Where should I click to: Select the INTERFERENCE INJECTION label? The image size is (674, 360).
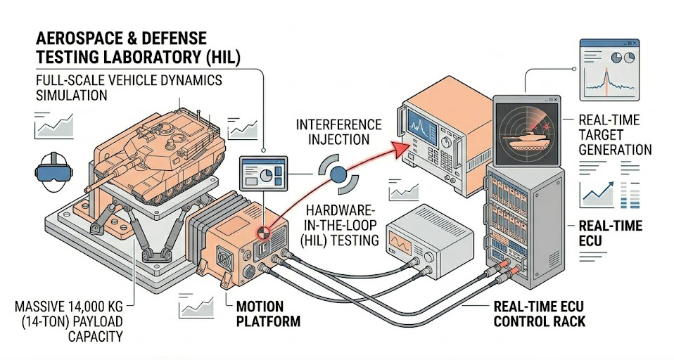pos(338,131)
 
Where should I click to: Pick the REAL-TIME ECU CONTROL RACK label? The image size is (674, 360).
pos(538,314)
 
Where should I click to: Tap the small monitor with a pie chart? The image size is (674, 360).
pos(262,172)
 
